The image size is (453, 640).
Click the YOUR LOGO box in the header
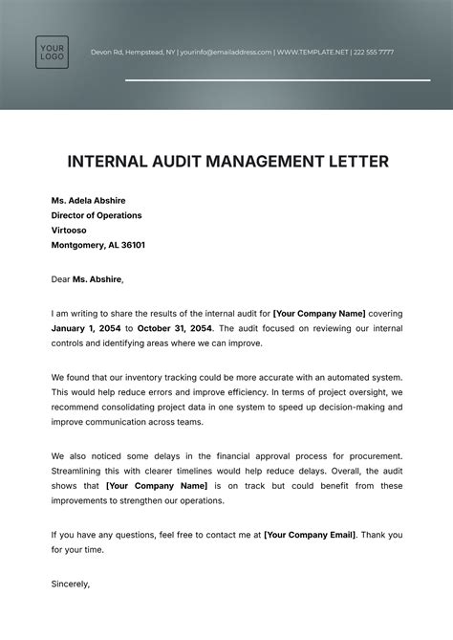[x=52, y=52]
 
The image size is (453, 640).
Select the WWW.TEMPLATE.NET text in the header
[x=312, y=52]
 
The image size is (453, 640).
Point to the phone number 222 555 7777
[x=374, y=52]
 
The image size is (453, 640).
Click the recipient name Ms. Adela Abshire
[x=88, y=201]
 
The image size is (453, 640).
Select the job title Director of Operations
[x=97, y=215]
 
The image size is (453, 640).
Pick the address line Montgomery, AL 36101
[x=98, y=245]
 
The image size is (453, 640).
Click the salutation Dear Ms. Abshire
[x=87, y=279]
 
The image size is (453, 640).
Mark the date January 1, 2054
[x=91, y=328]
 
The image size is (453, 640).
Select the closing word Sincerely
[x=70, y=583]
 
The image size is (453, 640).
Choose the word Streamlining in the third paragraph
[x=81, y=471]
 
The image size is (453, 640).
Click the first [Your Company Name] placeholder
[x=317, y=313]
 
